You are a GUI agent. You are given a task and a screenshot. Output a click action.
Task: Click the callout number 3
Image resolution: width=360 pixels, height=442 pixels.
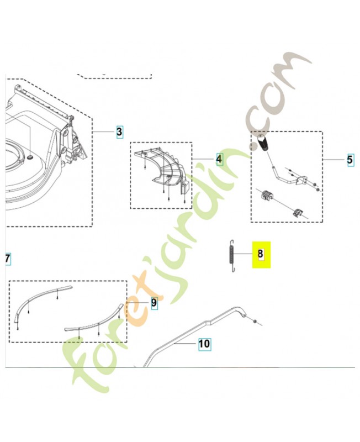tap(119, 131)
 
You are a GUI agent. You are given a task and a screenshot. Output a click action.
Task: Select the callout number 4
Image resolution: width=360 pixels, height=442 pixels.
tap(219, 159)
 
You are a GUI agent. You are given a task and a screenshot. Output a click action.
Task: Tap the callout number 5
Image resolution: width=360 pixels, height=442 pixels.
tap(350, 160)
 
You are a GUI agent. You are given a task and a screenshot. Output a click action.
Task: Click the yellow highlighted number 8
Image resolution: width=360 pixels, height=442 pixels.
tap(261, 254)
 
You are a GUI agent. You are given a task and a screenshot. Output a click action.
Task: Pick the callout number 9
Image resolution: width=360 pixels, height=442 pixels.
tap(154, 303)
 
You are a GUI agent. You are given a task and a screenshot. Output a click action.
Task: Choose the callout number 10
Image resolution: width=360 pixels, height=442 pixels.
tap(204, 344)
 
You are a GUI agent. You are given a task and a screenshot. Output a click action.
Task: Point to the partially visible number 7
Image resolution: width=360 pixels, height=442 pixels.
tap(8, 259)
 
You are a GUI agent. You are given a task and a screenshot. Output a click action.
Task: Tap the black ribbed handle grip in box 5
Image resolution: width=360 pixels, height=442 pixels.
tap(263, 143)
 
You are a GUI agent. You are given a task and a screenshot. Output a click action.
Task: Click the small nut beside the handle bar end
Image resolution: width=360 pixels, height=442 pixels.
tap(253, 321)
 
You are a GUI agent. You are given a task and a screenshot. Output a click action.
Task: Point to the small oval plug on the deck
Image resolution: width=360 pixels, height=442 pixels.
tap(30, 156)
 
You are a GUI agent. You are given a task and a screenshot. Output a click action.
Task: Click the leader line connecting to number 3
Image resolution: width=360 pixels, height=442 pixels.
tap(104, 131)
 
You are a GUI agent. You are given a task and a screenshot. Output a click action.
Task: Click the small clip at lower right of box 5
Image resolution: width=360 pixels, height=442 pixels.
tap(298, 213)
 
